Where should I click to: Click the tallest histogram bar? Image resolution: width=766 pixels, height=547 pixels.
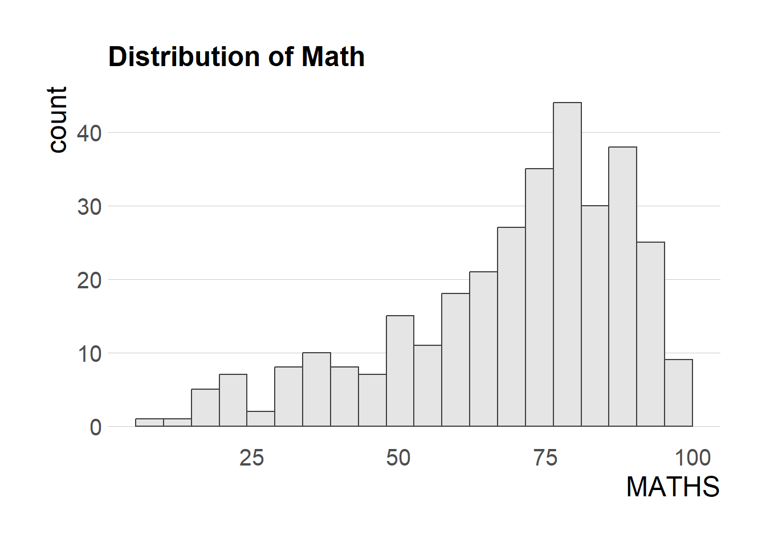pyautogui.click(x=567, y=264)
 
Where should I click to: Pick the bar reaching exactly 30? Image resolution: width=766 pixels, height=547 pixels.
pyautogui.click(x=595, y=316)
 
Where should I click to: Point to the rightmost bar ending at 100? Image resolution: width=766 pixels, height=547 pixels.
pyautogui.click(x=678, y=393)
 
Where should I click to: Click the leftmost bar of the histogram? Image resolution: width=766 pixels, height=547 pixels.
pyautogui.click(x=149, y=422)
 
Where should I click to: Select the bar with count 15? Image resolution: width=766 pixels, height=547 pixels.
pyautogui.click(x=400, y=371)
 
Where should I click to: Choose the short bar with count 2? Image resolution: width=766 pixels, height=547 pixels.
pyautogui.click(x=260, y=419)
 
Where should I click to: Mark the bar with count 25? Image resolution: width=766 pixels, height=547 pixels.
pyautogui.click(x=650, y=334)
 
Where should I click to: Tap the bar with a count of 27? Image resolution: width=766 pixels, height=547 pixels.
pyautogui.click(x=511, y=326)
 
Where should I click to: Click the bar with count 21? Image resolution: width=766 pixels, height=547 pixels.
pyautogui.click(x=483, y=349)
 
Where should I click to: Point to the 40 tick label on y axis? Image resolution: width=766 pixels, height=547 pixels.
pyautogui.click(x=89, y=133)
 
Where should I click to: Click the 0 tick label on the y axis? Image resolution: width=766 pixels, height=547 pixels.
pyautogui.click(x=95, y=427)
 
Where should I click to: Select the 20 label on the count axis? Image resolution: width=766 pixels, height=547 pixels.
pyautogui.click(x=89, y=280)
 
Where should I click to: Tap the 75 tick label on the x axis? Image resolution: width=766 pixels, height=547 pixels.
pyautogui.click(x=545, y=458)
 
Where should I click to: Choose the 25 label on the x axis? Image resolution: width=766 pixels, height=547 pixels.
pyautogui.click(x=251, y=458)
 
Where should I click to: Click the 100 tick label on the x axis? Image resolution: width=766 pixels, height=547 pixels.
pyautogui.click(x=692, y=458)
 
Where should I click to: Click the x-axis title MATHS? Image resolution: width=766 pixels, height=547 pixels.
pyautogui.click(x=673, y=487)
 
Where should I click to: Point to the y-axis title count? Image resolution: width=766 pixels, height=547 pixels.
pyautogui.click(x=58, y=120)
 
